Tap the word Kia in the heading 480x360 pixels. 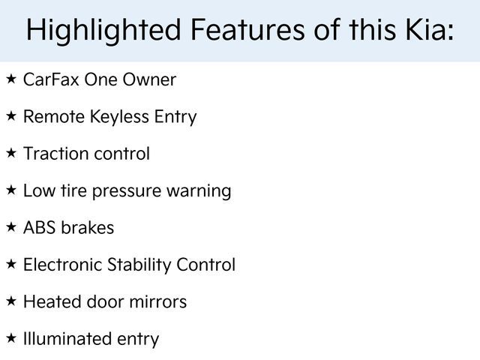(x=430, y=29)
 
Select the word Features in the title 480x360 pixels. (x=247, y=29)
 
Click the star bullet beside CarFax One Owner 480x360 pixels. (x=11, y=79)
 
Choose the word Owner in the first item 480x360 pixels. (x=149, y=79)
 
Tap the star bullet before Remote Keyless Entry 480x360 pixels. (x=11, y=116)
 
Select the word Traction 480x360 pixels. (x=52, y=153)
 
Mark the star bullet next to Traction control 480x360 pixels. (x=11, y=153)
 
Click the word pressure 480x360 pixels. (x=127, y=193)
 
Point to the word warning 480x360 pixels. (x=199, y=192)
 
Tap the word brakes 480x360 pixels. (x=88, y=227)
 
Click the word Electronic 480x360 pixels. (x=63, y=265)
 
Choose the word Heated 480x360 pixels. (x=52, y=301)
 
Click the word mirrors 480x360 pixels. (x=158, y=301)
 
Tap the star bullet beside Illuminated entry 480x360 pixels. (x=11, y=338)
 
